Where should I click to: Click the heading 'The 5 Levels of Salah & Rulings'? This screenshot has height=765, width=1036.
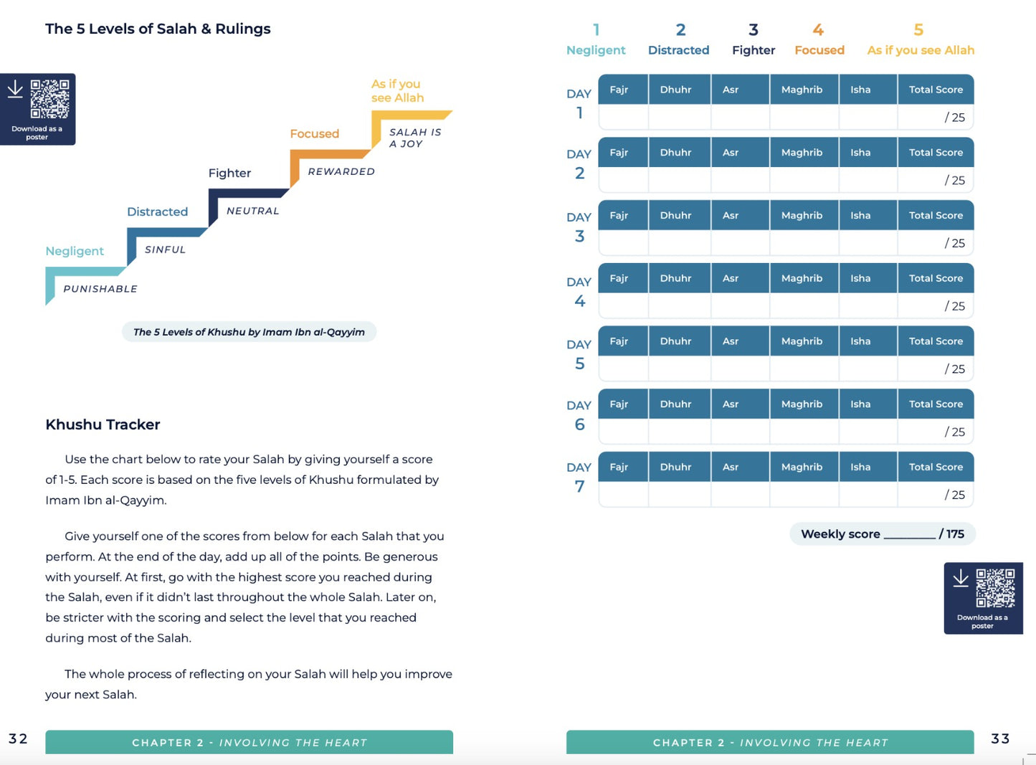coord(158,29)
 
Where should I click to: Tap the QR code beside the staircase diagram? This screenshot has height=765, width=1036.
coord(49,99)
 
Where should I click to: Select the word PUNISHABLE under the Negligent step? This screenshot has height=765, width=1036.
coord(100,289)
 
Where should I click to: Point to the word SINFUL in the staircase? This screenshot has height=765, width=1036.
coord(165,250)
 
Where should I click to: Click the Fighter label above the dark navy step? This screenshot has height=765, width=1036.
coord(229,173)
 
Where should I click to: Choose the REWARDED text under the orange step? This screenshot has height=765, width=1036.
coord(341,171)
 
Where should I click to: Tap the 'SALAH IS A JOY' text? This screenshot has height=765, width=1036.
coord(415,138)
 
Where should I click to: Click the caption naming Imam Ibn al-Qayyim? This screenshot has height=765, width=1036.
coord(249,332)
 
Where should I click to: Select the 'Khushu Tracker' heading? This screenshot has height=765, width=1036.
coord(103,424)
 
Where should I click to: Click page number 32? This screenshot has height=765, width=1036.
coord(18,739)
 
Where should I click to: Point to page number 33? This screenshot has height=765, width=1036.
coord(1000,739)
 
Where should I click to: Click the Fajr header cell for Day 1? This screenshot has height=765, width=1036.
coord(619,90)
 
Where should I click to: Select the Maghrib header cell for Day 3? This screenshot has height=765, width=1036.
coord(802,215)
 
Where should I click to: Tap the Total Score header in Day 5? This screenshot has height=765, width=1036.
coord(936,341)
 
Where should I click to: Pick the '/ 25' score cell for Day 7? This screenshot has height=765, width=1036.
coord(954,495)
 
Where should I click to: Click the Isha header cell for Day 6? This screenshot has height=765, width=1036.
coord(860,404)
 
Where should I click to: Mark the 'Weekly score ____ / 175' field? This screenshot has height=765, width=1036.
coord(882,534)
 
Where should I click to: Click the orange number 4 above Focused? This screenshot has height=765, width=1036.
coord(818,30)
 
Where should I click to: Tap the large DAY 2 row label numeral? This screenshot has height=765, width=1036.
coord(579,174)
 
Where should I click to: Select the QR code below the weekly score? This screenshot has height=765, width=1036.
coord(995,588)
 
